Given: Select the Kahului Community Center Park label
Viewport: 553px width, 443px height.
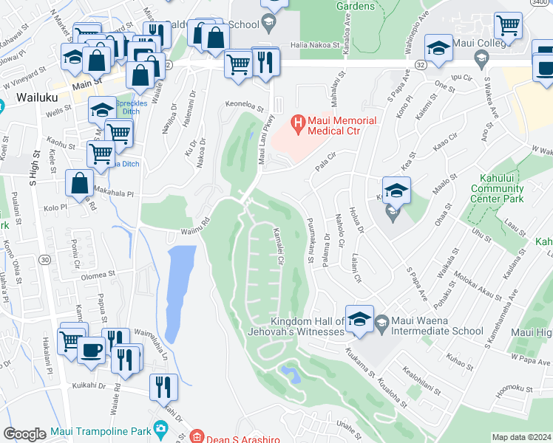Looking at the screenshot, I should tap(497, 188).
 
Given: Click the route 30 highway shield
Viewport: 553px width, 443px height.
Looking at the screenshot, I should tap(44, 259).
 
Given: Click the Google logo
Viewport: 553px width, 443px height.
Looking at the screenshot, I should tap(24, 434).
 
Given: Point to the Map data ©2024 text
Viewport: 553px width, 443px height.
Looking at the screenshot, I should tap(521, 437).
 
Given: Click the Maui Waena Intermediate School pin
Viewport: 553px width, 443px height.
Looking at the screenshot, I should tap(381, 321).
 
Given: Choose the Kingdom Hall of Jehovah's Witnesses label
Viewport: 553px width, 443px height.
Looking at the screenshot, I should tap(308, 326).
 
